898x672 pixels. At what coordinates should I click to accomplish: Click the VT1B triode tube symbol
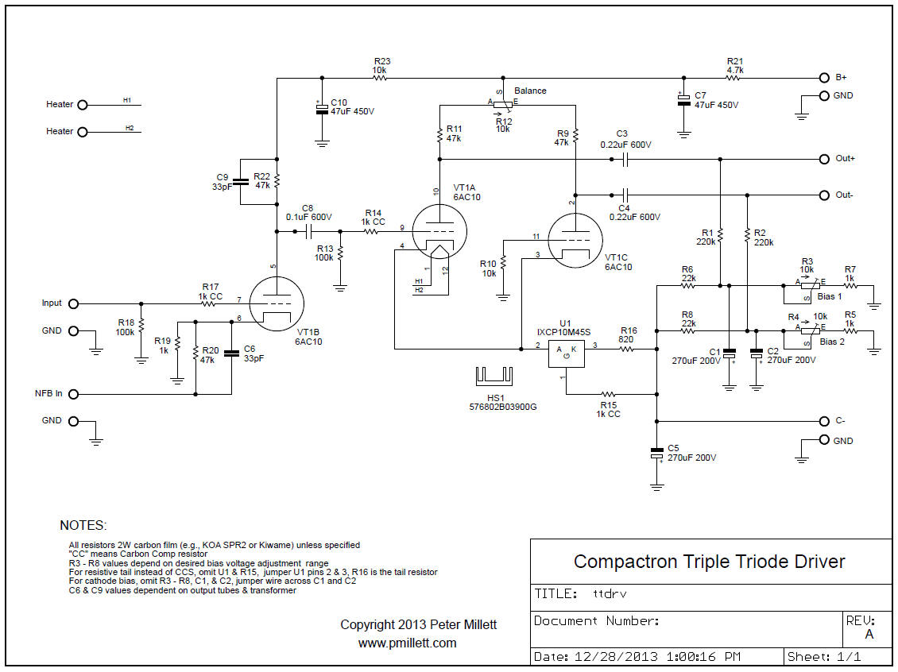tap(277, 305)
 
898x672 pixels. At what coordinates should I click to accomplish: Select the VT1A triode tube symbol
tap(438, 230)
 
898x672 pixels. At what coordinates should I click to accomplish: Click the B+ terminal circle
tap(824, 79)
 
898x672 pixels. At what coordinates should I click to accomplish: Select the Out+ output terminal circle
tap(824, 159)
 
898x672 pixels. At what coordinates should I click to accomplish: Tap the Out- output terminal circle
tap(824, 195)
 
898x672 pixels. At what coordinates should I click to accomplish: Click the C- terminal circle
tap(824, 421)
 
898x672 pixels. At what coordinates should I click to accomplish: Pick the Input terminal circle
tap(74, 303)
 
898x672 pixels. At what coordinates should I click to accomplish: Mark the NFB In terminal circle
tap(74, 394)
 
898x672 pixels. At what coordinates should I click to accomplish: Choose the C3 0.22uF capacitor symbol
tap(625, 159)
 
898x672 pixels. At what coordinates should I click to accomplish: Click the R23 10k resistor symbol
tap(380, 79)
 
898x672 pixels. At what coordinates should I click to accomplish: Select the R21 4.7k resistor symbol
tap(734, 79)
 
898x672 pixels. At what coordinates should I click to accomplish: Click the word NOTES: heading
tap(83, 526)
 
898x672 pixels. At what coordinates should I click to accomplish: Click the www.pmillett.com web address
tap(407, 643)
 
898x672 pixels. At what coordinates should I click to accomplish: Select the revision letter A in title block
tap(869, 634)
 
